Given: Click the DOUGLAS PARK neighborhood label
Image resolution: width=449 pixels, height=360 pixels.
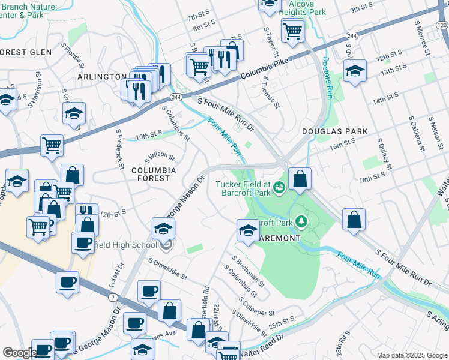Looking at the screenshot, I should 326,131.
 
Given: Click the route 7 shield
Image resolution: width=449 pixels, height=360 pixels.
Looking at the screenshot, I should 113,297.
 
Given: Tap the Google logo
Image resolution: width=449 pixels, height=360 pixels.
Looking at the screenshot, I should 19,353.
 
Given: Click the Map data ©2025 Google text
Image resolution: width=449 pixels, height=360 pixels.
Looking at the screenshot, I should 412,355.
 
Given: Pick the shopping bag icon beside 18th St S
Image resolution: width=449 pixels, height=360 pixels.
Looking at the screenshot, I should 300,179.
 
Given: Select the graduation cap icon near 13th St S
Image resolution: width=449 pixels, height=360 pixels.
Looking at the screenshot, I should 355,71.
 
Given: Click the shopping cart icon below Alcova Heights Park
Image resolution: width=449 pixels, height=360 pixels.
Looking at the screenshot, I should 292,29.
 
